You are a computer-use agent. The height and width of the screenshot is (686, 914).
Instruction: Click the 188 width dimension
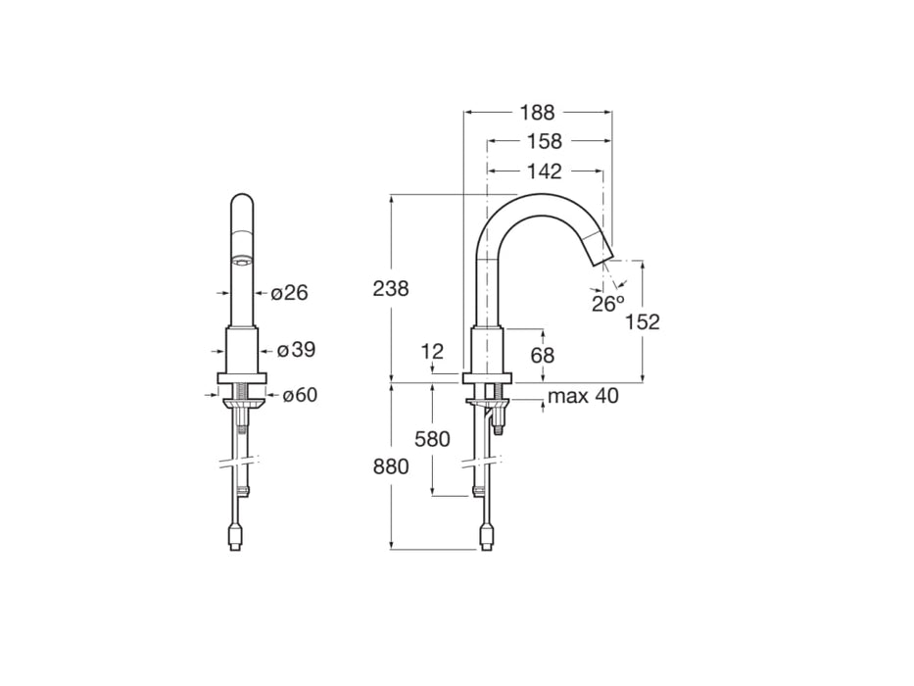(537, 112)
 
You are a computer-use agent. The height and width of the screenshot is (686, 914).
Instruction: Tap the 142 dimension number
(544, 171)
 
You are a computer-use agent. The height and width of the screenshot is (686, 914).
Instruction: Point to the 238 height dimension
(391, 288)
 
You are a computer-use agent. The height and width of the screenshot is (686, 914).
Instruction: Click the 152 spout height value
(643, 321)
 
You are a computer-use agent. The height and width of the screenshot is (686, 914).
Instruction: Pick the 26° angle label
(607, 304)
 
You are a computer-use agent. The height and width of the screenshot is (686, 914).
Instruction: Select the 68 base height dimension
(543, 355)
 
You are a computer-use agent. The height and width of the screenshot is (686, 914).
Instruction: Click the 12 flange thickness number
(432, 351)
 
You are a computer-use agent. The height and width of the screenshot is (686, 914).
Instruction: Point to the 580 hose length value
(432, 439)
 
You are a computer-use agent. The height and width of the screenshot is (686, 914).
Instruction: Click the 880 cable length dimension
(391, 467)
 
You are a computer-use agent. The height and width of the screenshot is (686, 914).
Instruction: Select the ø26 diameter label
(289, 292)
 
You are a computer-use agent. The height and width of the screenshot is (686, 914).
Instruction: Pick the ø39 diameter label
(296, 350)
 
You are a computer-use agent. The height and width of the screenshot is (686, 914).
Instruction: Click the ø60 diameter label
(301, 395)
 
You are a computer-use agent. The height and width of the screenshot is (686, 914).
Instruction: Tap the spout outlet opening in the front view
(241, 261)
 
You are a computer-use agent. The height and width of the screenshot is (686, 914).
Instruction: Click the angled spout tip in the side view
(598, 252)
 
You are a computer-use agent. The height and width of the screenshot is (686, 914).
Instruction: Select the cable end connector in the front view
(235, 537)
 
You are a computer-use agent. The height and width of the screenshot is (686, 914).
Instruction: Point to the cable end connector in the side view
(486, 537)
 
